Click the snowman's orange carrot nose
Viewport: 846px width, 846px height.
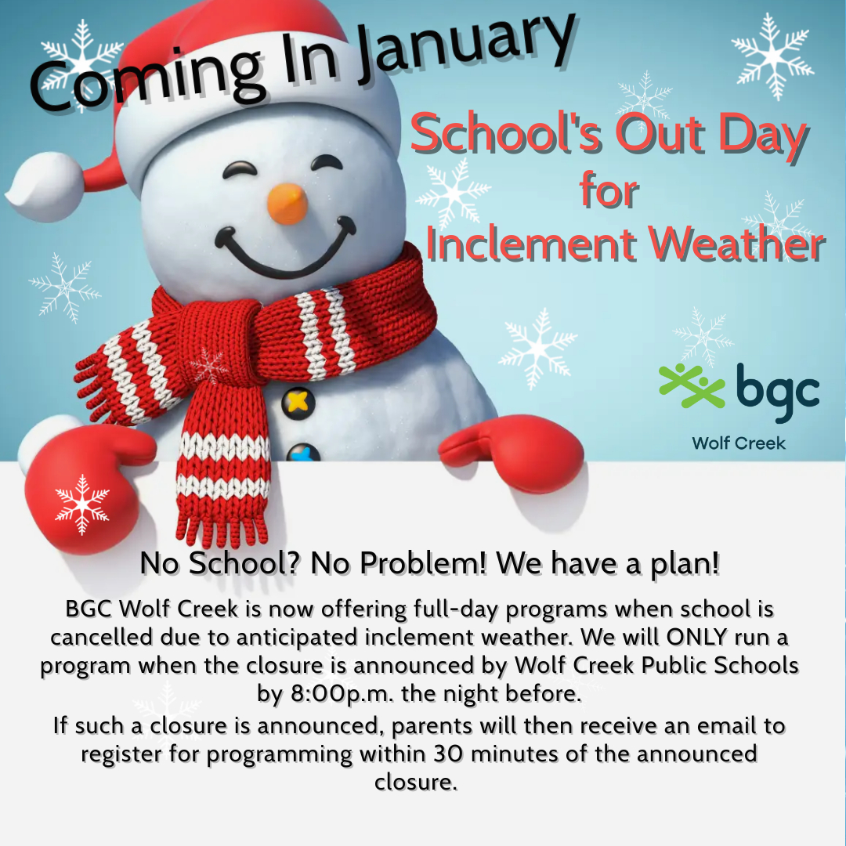pyautogui.click(x=287, y=204)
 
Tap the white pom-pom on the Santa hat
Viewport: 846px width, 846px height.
pyautogui.click(x=44, y=186)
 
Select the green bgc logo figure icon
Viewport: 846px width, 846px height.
pyautogui.click(x=692, y=385)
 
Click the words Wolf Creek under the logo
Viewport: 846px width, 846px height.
pyautogui.click(x=739, y=443)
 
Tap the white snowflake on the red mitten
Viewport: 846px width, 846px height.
pyautogui.click(x=82, y=504)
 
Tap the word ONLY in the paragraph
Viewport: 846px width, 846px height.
pyautogui.click(x=696, y=637)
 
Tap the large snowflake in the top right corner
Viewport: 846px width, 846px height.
pyautogui.click(x=772, y=55)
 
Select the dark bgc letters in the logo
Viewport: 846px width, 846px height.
pyautogui.click(x=778, y=392)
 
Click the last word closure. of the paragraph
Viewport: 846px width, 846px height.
pyautogui.click(x=415, y=782)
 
